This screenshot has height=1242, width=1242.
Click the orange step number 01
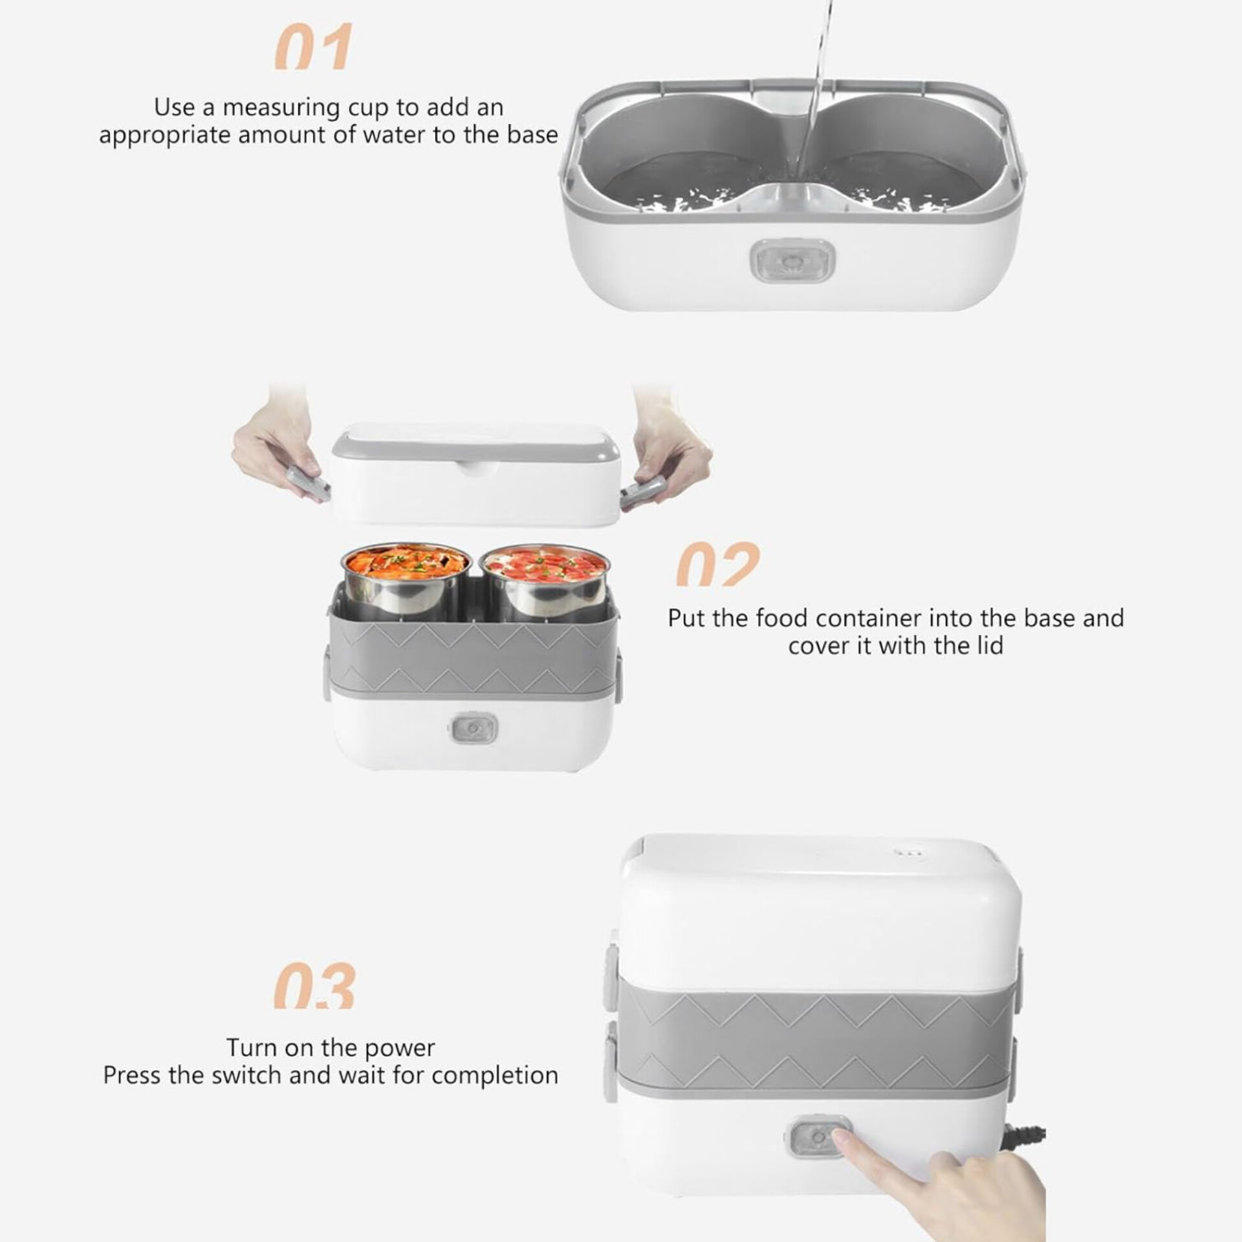click(314, 47)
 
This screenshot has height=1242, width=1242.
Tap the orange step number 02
click(718, 564)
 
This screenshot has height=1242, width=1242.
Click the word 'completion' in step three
click(495, 1076)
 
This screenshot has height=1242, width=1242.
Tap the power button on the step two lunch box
click(474, 729)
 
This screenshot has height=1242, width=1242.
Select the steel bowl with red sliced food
click(543, 581)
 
